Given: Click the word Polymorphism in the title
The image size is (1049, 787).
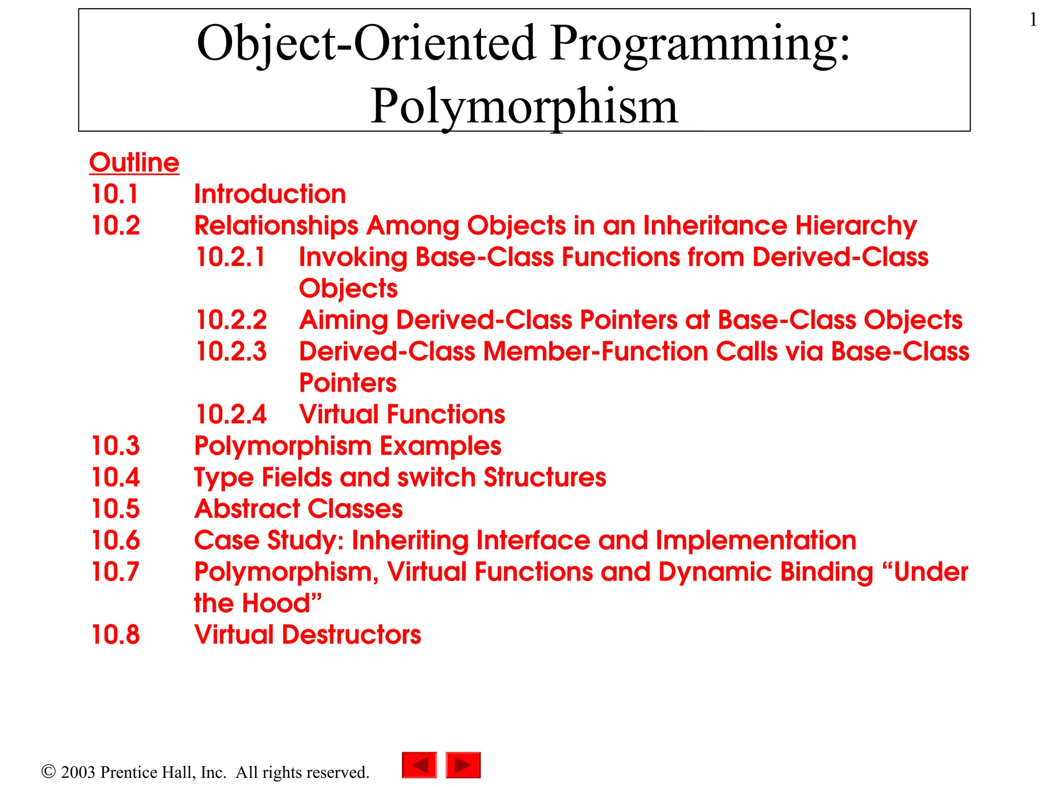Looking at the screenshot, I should coord(524,106).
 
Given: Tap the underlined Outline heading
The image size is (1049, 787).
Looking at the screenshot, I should coord(134,162).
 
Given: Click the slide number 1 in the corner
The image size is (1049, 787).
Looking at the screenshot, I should coord(1033,20).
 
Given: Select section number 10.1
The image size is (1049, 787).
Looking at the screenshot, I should coord(115,194).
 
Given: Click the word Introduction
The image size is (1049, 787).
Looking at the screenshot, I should coord(270,194).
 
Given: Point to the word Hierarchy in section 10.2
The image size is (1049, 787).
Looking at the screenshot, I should coord(856,226).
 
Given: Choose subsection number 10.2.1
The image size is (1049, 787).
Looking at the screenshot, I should coord(231,257).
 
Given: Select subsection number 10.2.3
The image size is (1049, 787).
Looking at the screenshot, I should coord(232,351).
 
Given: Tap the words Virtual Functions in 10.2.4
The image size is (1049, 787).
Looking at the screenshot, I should coord(402,415).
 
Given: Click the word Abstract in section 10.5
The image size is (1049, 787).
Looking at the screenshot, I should coord(247,509).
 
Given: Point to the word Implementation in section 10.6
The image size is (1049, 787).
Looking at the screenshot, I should coord(756,541).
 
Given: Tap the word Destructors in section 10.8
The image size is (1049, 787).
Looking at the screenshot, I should coord(351,635).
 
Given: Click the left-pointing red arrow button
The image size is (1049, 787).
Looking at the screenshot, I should coord(419,765).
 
